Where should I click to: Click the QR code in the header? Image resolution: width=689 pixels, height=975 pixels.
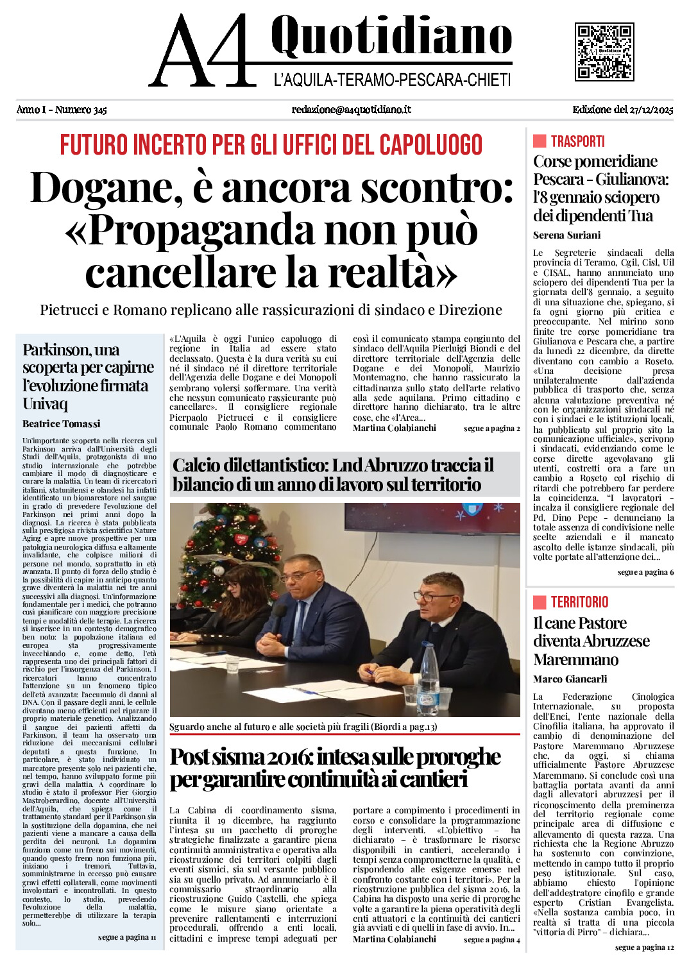pyautogui.click(x=604, y=52)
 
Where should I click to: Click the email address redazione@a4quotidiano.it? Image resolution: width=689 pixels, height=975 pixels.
pyautogui.click(x=351, y=110)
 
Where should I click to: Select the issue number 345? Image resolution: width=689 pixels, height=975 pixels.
pyautogui.click(x=99, y=110)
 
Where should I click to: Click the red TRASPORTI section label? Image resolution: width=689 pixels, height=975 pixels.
pyautogui.click(x=577, y=141)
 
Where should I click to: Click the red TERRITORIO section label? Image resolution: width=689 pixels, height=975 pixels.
pyautogui.click(x=579, y=602)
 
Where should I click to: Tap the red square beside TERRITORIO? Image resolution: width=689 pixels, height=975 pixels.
pyautogui.click(x=540, y=602)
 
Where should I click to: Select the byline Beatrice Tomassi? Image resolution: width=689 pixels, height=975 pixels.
pyautogui.click(x=62, y=423)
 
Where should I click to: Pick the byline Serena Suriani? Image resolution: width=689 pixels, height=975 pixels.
pyautogui.click(x=566, y=235)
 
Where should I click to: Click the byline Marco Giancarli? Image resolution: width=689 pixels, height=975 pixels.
pyautogui.click(x=570, y=679)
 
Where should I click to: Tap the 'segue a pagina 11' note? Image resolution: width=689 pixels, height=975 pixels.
pyautogui.click(x=127, y=937)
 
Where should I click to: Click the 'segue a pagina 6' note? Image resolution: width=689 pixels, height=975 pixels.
pyautogui.click(x=645, y=572)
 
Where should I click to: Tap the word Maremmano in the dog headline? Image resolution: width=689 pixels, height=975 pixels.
pyautogui.click(x=566, y=659)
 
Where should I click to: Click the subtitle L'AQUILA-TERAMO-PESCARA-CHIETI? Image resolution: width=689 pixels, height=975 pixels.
pyautogui.click(x=392, y=80)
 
